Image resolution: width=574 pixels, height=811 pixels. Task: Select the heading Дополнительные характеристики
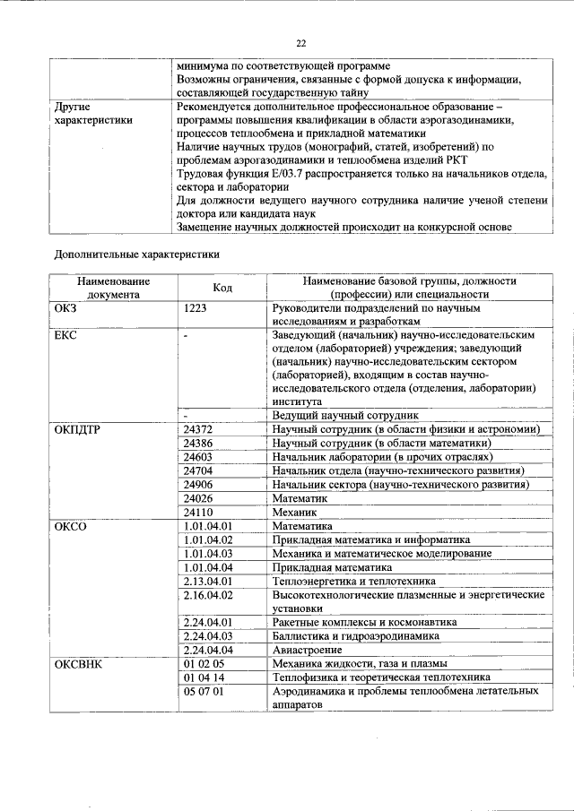click(137, 255)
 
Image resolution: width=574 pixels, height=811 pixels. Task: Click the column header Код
click(222, 287)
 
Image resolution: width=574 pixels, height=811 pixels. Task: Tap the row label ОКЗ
click(70, 307)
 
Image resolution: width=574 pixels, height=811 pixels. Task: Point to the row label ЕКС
click(69, 334)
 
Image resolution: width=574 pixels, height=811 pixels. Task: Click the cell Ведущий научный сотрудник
click(346, 417)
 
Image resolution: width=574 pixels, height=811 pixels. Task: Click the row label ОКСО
click(72, 526)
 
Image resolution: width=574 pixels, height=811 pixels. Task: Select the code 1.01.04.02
click(208, 539)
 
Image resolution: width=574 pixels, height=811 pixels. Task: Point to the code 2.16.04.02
click(208, 594)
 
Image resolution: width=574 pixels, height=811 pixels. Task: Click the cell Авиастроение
click(308, 650)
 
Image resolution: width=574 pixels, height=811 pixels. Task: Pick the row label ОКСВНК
click(79, 664)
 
